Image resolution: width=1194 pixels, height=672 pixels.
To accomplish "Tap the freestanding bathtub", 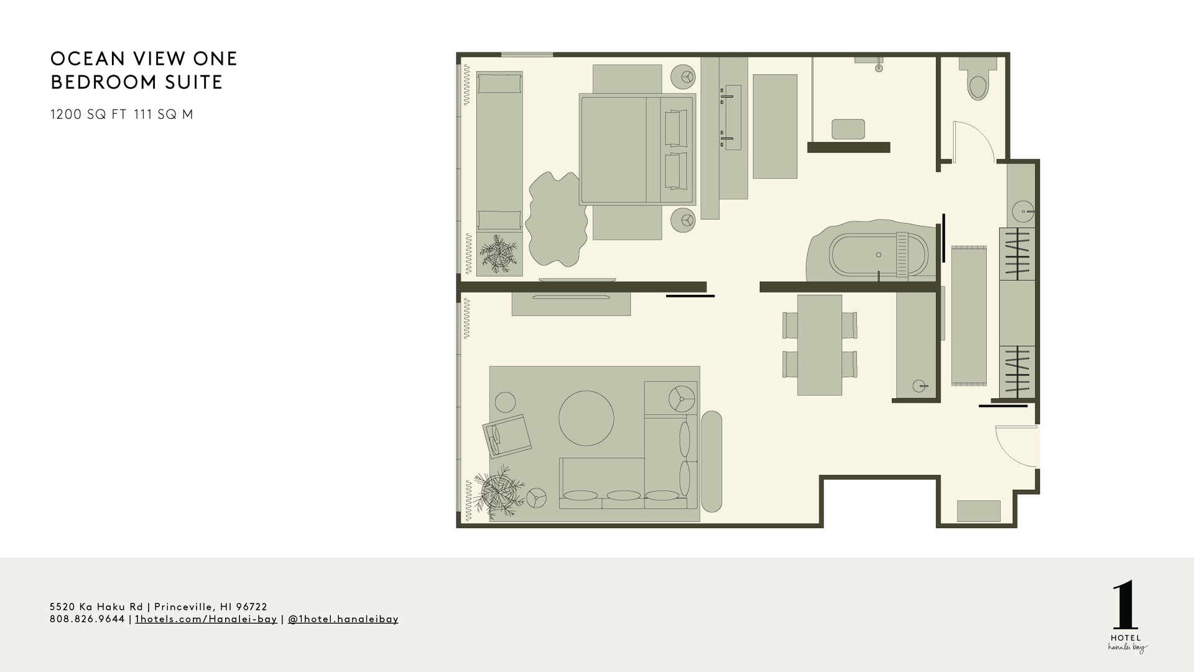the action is [878, 254].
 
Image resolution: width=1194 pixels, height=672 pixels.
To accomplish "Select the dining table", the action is [820, 345].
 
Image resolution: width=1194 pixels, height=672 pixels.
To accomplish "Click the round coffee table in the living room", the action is [586, 418].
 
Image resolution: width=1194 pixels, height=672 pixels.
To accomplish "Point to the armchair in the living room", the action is [507, 436].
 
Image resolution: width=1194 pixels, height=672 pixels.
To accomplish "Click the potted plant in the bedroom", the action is [498, 254].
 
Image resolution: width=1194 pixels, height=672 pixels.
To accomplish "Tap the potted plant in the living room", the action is [497, 492].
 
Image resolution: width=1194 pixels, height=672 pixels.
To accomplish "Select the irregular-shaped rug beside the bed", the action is [557, 218].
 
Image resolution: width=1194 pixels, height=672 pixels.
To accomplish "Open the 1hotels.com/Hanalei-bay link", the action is [206, 619].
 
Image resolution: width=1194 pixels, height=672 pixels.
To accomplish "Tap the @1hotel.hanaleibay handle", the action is [343, 619].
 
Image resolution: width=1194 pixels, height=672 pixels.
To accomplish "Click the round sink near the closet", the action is [1022, 212].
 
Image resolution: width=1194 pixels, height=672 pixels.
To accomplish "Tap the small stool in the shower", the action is [848, 129].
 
